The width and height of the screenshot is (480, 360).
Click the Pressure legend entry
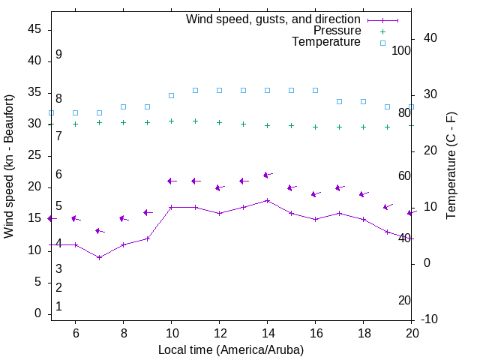(337, 31)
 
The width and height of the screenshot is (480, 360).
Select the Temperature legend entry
(326, 42)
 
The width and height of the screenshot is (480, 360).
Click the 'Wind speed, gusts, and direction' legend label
(274, 19)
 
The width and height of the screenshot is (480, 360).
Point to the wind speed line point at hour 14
(267, 200)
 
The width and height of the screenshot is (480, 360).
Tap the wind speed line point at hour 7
(99, 257)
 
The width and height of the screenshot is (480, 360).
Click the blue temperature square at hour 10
(171, 95)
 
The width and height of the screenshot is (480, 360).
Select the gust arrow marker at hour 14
(267, 175)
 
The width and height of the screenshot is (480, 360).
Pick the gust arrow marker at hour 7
(99, 231)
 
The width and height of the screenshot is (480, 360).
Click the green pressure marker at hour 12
(219, 122)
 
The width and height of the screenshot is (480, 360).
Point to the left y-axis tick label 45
(34, 28)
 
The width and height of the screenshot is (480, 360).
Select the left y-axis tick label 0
(37, 313)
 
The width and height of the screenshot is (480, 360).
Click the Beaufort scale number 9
(58, 55)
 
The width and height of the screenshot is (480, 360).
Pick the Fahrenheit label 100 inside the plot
(401, 50)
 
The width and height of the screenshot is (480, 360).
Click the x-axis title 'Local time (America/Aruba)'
(231, 349)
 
